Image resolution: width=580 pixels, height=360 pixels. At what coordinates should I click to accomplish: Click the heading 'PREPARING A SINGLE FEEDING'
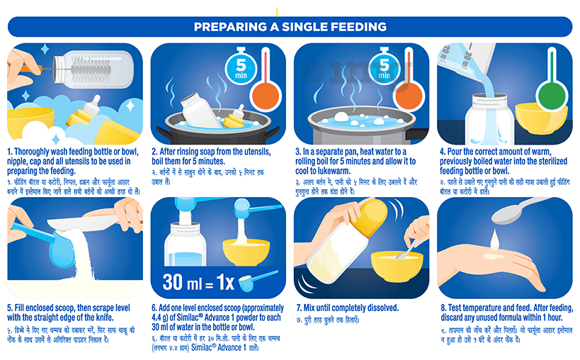[x=290, y=27]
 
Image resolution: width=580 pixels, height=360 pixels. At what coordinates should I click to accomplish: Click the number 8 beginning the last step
[x=443, y=308]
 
